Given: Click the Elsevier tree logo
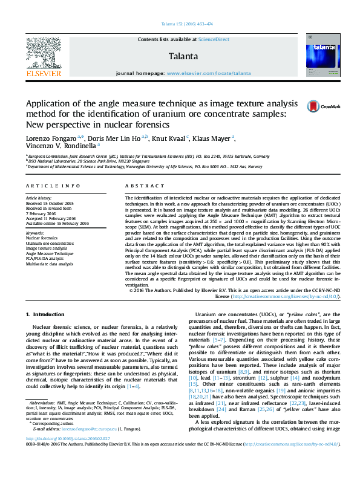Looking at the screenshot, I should click(43, 53).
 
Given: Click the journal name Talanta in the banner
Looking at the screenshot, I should click(180, 56).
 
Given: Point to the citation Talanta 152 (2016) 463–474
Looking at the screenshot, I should click(180, 24).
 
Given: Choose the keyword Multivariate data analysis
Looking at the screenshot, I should click(50, 264).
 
